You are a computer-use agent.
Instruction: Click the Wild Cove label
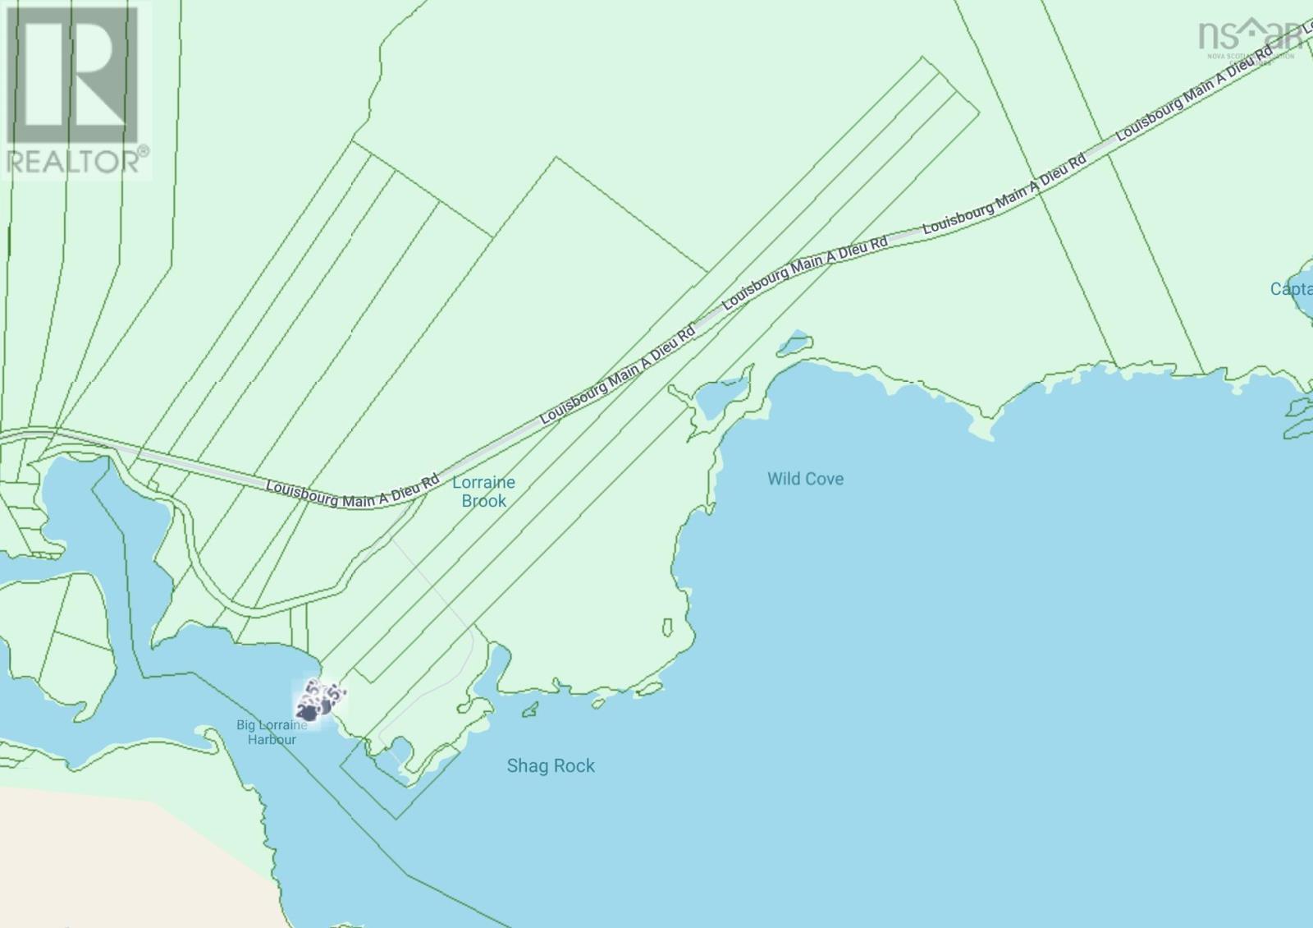point(805,479)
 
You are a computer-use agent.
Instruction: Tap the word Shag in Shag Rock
point(524,766)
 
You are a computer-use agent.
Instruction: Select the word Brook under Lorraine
point(483,501)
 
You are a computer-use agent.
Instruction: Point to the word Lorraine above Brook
point(483,482)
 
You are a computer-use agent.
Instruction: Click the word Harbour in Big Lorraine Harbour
point(272,739)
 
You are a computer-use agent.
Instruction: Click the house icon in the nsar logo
point(1253,30)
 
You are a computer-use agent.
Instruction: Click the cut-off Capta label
point(1291,289)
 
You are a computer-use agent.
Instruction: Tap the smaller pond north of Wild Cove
point(794,342)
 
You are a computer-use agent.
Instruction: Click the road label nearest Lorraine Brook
point(352,489)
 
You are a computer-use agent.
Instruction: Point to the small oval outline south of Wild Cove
point(667,627)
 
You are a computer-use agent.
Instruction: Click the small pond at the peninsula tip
point(401,750)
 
